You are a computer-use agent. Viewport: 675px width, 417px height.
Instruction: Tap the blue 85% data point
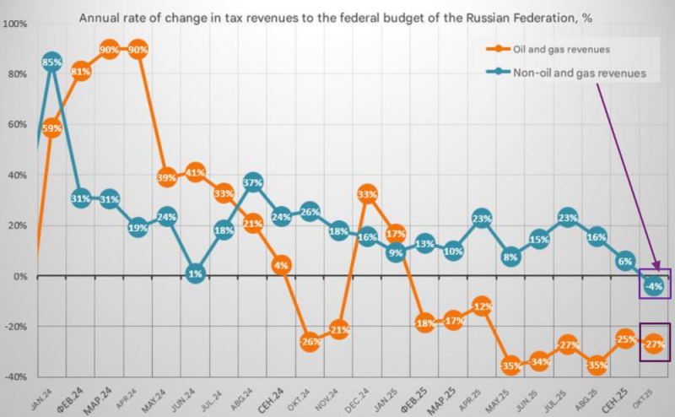52,62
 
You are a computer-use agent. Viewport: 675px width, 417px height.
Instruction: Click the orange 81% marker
81,72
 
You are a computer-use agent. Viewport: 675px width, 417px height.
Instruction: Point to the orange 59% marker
52,127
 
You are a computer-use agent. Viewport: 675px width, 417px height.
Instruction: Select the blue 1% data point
196,273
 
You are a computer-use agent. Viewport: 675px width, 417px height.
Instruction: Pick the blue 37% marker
253,182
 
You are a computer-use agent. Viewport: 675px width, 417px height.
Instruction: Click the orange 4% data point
282,265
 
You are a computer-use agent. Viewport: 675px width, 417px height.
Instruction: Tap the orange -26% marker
310,342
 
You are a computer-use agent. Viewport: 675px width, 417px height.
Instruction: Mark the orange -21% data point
339,329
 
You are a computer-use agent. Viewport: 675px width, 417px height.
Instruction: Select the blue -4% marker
654,286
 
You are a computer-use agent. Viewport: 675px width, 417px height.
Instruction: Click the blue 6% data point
625,261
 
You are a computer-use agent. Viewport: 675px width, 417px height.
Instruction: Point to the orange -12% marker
482,306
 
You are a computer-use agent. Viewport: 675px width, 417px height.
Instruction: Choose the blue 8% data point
510,256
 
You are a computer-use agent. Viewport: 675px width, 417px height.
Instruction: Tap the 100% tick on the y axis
16,24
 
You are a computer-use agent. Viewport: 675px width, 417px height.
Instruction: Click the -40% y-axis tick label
16,376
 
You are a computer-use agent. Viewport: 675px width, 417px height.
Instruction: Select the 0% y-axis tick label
20,276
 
